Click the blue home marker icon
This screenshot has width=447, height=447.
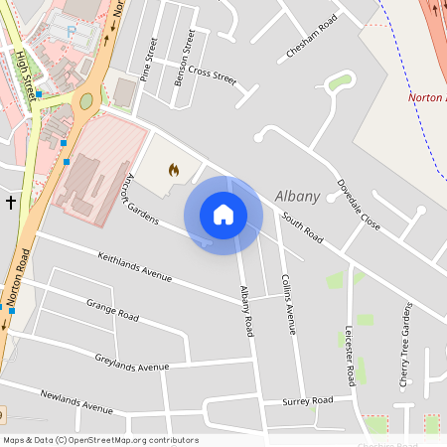223,215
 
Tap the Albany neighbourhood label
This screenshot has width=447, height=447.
297,197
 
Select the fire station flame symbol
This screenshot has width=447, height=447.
174,170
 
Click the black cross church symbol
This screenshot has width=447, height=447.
11,202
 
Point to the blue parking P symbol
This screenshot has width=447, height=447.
71,32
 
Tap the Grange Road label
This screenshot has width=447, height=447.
112,309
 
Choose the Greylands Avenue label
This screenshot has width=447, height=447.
132,362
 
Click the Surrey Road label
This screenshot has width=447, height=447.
307,401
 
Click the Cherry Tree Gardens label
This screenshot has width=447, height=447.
405,344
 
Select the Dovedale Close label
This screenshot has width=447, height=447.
358,205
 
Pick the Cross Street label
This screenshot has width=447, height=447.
212,73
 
